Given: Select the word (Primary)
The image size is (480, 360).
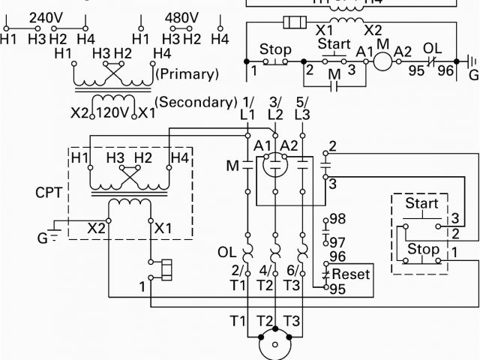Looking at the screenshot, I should coord(187,74).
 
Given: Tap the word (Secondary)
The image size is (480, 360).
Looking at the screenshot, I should coord(196,102).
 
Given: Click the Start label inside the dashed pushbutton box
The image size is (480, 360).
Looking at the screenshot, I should coord(421,204).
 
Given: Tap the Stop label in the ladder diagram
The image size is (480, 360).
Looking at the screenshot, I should coord(275,50).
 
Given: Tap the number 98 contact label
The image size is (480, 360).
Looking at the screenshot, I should coord(337,218).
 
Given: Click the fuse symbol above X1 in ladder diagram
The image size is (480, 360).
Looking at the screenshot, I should coord(292,23).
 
